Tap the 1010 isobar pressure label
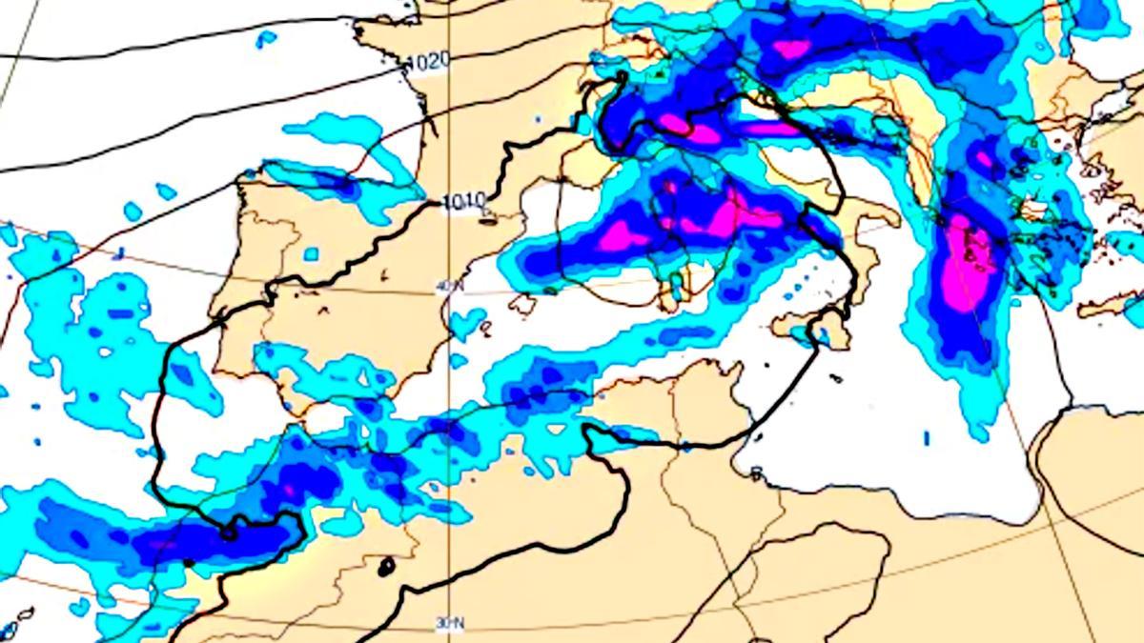[x=465, y=202]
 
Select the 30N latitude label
[x=450, y=623]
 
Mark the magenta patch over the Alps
[x=791, y=48]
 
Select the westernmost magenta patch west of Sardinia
[x=616, y=234]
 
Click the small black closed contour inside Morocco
[x=386, y=568]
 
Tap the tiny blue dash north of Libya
[x=927, y=437]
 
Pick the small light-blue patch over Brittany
[x=266, y=38]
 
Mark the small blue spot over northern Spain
[x=311, y=254]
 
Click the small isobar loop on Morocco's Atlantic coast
[x=229, y=532]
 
